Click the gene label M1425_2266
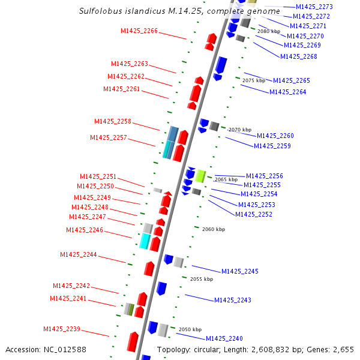click(x=139, y=31)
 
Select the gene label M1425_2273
click(x=314, y=7)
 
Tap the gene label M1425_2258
click(x=112, y=121)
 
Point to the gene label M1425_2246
click(x=84, y=230)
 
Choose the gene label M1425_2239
click(x=61, y=329)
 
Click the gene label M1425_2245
click(x=239, y=271)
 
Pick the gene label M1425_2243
click(x=232, y=300)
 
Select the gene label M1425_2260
click(x=275, y=136)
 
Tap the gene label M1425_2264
click(x=287, y=92)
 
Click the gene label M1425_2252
click(x=253, y=214)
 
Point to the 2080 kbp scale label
click(x=268, y=31)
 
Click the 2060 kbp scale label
click(x=213, y=229)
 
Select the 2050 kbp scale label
click(x=190, y=329)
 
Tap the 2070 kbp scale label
click(x=239, y=130)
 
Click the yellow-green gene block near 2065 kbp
click(x=201, y=176)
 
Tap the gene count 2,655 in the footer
click(x=343, y=349)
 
